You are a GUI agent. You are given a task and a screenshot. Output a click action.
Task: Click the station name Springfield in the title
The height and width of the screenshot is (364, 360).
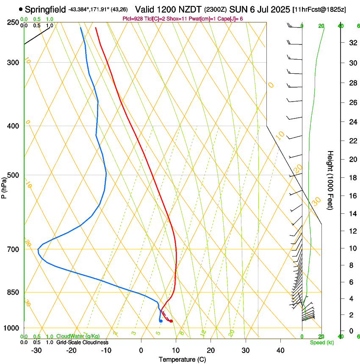pos(45,9)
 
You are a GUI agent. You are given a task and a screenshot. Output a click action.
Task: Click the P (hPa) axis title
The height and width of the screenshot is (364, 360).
pos(4,185)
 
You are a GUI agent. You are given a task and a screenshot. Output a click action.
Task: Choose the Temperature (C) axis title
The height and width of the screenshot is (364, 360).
pos(182,359)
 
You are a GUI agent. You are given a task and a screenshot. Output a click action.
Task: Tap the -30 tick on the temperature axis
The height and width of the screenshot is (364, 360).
pos(36,350)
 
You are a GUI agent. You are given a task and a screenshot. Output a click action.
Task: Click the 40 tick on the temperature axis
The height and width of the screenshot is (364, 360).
pos(280,350)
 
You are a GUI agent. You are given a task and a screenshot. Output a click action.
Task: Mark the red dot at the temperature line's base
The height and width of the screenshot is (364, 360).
pos(171,321)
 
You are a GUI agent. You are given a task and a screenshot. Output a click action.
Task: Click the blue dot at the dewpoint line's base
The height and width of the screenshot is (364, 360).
pos(161,321)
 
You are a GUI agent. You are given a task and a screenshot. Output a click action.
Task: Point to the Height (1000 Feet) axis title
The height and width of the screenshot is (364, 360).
pos(330,180)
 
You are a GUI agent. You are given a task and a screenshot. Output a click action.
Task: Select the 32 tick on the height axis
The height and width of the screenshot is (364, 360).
pos(352,43)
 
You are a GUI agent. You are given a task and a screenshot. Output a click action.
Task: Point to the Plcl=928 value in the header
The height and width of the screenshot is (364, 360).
pos(131,19)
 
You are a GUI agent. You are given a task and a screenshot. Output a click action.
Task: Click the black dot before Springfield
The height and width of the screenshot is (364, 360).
pos(21,9)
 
